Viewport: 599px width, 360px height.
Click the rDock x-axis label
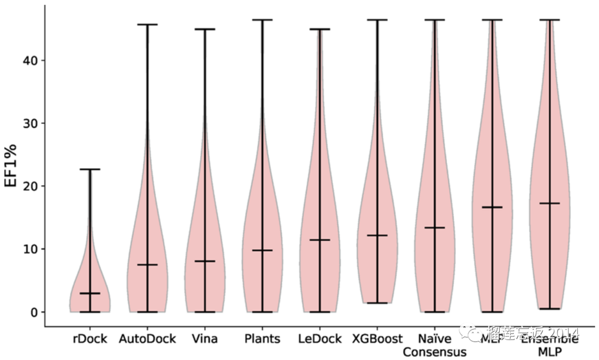[x=90, y=338]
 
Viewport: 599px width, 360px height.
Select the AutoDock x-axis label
[x=147, y=338]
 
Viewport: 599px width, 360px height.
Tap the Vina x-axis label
[x=204, y=338]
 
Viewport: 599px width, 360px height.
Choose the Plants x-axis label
[x=262, y=338]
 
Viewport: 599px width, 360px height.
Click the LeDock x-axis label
[x=319, y=338]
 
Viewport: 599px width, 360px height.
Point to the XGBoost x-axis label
[x=377, y=338]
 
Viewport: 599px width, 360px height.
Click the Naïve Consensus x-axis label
[x=434, y=345]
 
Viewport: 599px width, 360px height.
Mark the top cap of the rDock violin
[x=90, y=169]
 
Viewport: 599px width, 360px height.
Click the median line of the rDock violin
[x=90, y=293]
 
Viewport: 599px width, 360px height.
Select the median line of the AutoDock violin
[x=147, y=265]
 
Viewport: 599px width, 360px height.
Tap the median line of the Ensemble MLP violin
[x=549, y=203]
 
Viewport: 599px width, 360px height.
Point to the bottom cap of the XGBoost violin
[x=377, y=303]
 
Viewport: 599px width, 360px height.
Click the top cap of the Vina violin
[x=205, y=29]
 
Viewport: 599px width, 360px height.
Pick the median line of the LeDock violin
[x=319, y=240]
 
